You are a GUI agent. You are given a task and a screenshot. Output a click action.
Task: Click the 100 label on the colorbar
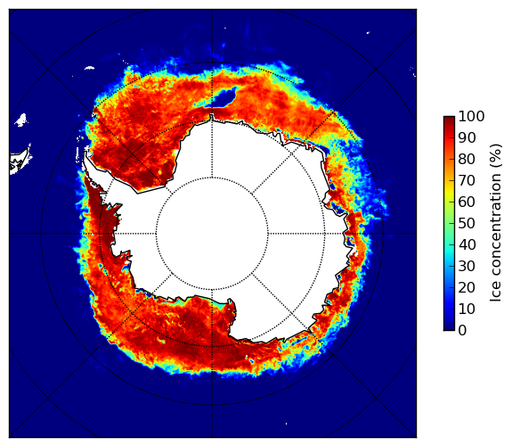click(x=471, y=117)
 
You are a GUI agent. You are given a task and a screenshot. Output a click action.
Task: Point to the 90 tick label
click(x=467, y=137)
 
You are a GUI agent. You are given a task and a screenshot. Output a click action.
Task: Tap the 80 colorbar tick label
click(x=467, y=160)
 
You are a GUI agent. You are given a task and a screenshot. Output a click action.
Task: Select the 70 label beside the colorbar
click(x=467, y=180)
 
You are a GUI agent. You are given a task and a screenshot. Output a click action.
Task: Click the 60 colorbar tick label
click(x=467, y=202)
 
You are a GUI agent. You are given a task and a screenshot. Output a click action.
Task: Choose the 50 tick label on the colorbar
click(x=467, y=224)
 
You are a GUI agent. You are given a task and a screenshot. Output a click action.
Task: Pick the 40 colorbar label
click(x=467, y=244)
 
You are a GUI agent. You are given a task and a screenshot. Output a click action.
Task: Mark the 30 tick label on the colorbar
click(x=467, y=267)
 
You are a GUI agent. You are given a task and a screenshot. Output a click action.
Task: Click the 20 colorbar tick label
click(x=467, y=287)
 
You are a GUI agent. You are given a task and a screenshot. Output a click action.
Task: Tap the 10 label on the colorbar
click(x=467, y=309)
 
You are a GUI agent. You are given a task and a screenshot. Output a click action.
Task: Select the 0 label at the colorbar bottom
click(x=463, y=331)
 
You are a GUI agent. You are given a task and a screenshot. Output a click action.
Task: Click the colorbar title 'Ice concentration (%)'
click(x=496, y=223)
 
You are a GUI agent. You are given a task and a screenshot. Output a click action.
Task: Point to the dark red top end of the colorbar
click(x=449, y=118)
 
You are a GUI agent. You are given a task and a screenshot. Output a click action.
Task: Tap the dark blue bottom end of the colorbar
click(x=449, y=328)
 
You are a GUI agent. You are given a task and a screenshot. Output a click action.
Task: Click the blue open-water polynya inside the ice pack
click(x=224, y=97)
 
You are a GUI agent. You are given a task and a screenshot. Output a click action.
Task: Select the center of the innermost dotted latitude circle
click(x=212, y=234)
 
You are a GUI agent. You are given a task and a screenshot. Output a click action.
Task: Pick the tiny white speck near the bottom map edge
click(x=287, y=424)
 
